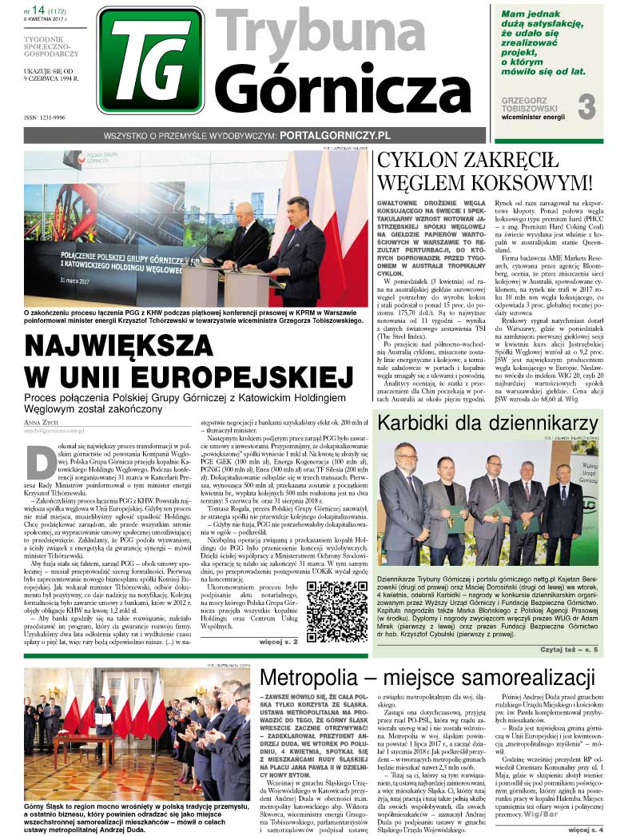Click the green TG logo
coord(150,60)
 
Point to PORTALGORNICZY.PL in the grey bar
coord(335,136)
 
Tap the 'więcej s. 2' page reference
coord(278,642)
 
